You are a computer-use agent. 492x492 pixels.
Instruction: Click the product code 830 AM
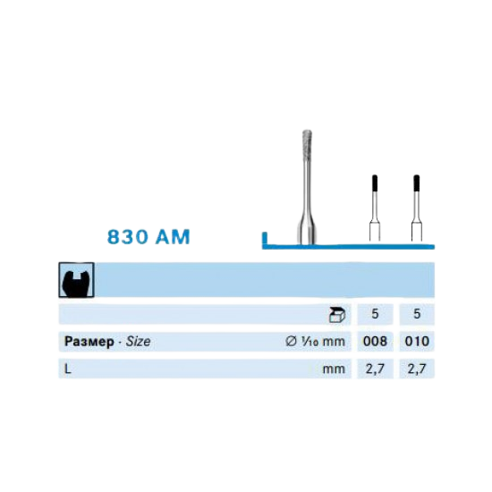(x=148, y=236)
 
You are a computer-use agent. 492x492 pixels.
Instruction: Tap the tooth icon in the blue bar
(x=76, y=280)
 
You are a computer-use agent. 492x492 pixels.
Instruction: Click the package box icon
(x=336, y=315)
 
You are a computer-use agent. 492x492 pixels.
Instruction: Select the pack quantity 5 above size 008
(x=375, y=314)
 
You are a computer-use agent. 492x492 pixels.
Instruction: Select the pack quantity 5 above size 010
(x=417, y=314)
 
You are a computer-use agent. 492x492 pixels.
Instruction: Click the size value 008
(x=375, y=341)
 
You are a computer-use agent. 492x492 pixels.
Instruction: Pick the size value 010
(x=417, y=341)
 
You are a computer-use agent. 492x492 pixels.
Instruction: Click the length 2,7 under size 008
(x=375, y=369)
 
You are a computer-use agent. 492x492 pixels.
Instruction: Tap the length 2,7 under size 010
(x=417, y=369)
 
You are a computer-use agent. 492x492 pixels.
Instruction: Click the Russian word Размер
(x=89, y=342)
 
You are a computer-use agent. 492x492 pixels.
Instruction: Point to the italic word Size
(x=138, y=341)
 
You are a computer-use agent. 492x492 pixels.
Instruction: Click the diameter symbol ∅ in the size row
(x=291, y=341)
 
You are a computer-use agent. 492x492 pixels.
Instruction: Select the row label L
(x=67, y=369)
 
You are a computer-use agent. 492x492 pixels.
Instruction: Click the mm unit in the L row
(x=334, y=369)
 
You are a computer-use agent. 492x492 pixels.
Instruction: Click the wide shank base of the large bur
(x=307, y=232)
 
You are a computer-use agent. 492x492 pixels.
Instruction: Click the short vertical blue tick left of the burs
(x=265, y=238)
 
